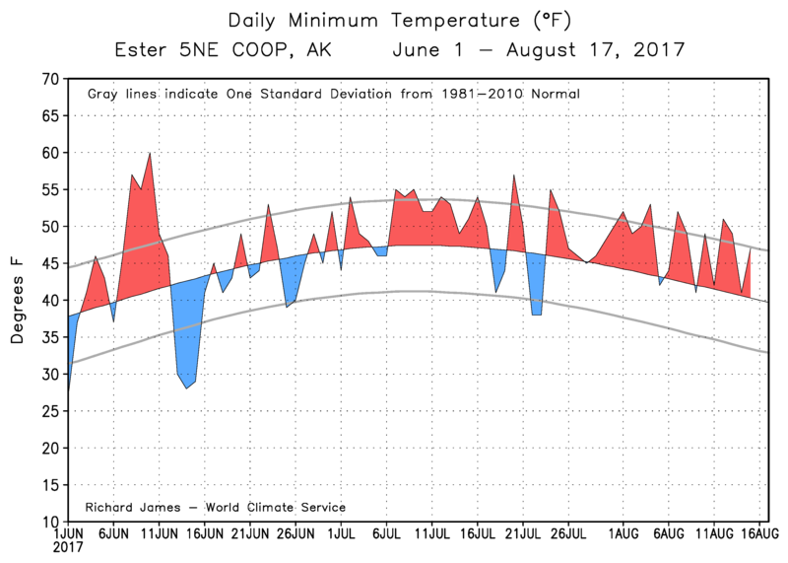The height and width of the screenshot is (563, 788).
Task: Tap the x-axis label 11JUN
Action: point(159,532)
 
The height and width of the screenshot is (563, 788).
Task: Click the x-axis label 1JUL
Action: point(341,532)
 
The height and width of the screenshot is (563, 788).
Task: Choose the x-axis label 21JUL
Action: point(523,532)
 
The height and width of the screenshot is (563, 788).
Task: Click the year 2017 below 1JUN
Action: point(67,546)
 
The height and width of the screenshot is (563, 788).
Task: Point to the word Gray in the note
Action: point(104,95)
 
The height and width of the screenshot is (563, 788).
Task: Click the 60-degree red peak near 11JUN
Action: point(150,154)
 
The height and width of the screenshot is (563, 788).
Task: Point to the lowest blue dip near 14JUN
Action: point(186,387)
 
